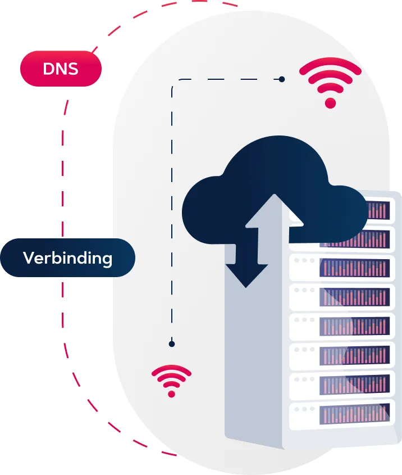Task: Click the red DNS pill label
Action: (61, 70)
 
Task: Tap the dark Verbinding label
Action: (67, 258)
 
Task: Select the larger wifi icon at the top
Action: (330, 83)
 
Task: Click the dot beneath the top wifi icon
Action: (330, 103)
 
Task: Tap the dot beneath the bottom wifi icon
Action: (171, 393)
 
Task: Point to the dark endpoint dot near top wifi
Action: (282, 79)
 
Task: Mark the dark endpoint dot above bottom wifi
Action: (172, 343)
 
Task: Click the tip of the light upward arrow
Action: (275, 197)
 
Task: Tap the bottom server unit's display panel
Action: (354, 415)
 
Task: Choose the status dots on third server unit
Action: (304, 261)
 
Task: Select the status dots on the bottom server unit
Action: (304, 408)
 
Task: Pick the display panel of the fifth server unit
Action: (354, 326)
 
